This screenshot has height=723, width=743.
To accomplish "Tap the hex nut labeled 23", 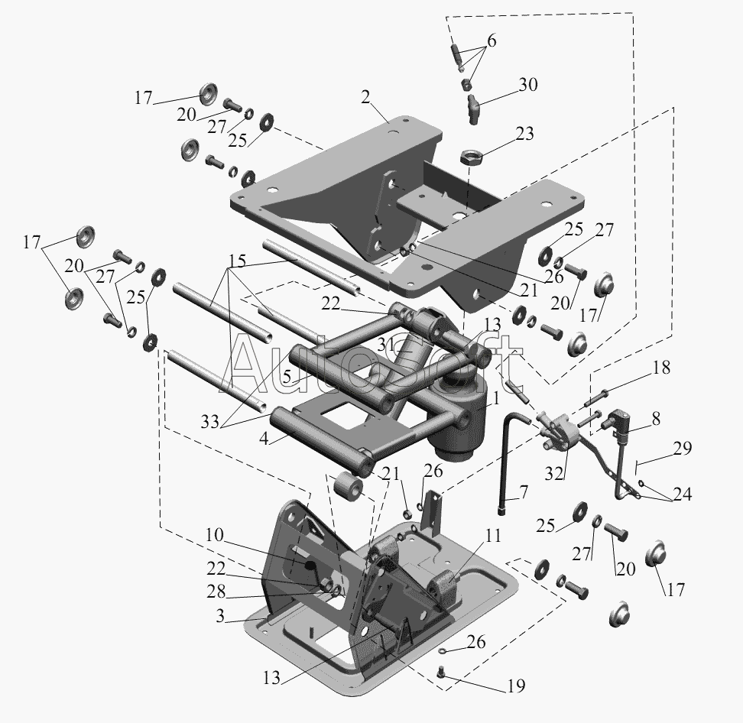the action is pos(470,157).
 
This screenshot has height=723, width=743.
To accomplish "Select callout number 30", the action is pos(527,85).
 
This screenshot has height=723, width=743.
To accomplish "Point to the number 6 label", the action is pos(491,41).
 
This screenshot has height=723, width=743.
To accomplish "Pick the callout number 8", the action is pos(656,419).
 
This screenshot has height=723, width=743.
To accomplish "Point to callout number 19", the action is pos(515,686).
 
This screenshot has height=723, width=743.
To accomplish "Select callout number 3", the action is pos(220,616).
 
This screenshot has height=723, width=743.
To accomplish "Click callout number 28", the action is pos(214,592).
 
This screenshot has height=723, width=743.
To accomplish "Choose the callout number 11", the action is pos(493,536).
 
